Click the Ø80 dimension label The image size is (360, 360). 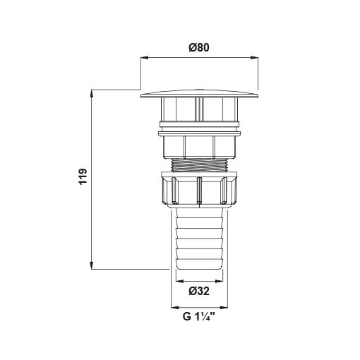[x=199, y=47]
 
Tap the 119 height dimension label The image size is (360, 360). [x=83, y=176]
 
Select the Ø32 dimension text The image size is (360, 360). [x=199, y=292]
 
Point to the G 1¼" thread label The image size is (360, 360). [x=199, y=316]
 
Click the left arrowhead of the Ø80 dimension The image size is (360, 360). [x=144, y=57]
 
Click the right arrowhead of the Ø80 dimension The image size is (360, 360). [x=254, y=57]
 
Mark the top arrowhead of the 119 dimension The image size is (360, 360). [x=92, y=93]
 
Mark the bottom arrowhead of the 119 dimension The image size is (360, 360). [x=92, y=265]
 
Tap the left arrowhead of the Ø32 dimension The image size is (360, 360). [x=180, y=281]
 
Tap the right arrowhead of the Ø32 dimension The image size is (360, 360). [x=219, y=281]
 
